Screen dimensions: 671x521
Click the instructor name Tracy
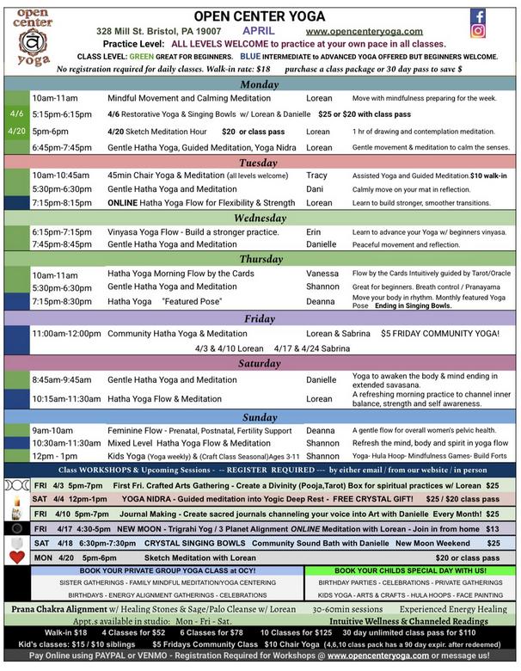316,175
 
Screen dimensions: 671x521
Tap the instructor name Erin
313,232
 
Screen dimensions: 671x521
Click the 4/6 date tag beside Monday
17,114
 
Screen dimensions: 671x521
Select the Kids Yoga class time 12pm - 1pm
56,456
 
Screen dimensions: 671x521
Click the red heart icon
16,557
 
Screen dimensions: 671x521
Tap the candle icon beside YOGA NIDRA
16,500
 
